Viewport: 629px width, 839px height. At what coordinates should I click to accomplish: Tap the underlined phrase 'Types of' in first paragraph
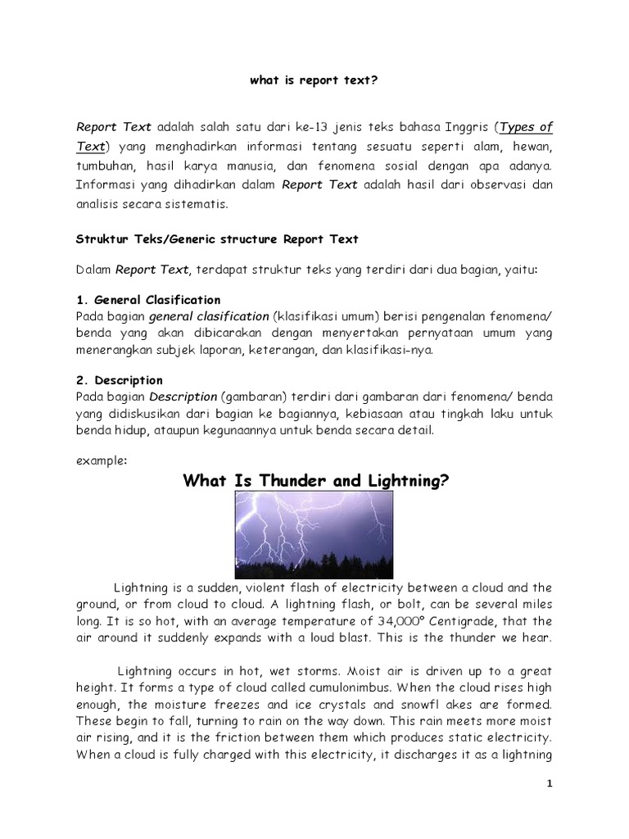tap(526, 127)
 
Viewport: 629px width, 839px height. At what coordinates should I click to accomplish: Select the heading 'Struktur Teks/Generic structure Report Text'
tap(217, 238)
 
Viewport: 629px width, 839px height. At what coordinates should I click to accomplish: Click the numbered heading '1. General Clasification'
tap(148, 300)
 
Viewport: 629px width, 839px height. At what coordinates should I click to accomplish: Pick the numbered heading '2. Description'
tap(119, 380)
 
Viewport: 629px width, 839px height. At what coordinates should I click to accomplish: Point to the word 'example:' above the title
tap(102, 460)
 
